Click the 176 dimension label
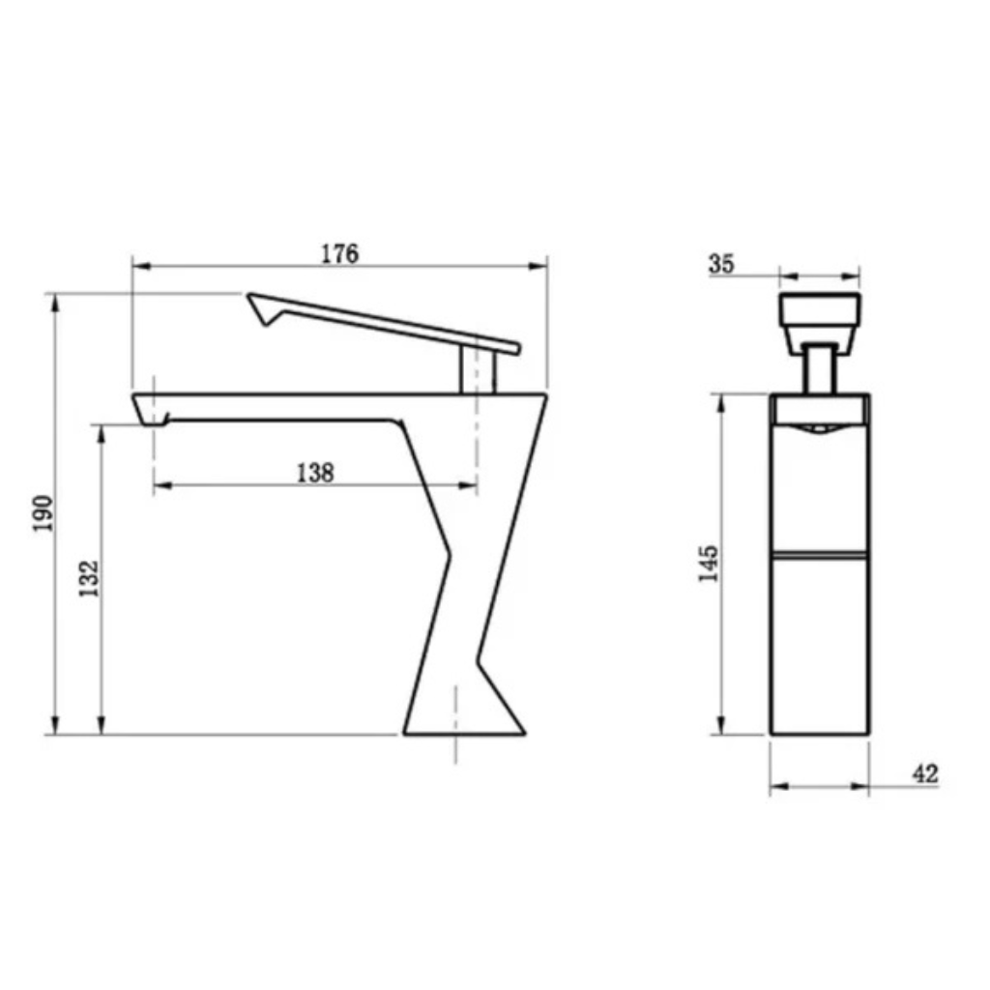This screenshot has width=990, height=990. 339,253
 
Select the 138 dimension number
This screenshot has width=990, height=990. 314,472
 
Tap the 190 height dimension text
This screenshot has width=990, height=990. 42,515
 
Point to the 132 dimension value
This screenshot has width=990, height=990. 89,578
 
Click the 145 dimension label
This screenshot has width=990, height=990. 709,564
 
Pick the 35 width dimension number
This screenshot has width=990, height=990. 721,263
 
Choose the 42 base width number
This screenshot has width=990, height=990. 924,773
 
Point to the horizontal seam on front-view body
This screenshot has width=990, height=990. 820,556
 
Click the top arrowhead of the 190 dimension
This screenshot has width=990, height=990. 55,300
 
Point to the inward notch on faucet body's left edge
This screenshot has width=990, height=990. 450,556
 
